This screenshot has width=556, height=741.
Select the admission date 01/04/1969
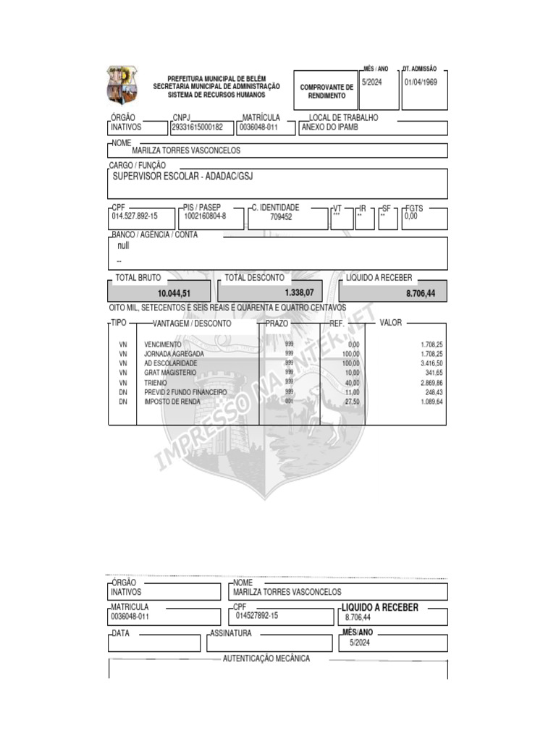[x=421, y=82]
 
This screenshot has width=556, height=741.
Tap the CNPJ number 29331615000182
[x=197, y=127]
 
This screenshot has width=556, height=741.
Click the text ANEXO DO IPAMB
[x=329, y=127]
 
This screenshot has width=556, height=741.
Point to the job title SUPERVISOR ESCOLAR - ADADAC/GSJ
[x=186, y=176]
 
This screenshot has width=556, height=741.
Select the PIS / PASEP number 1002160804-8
[x=205, y=216]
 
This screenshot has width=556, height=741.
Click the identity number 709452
[x=281, y=216]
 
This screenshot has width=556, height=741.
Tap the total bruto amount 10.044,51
[x=174, y=293]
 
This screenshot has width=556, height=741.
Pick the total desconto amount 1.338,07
[x=299, y=292]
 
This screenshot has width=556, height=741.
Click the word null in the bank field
[x=123, y=246]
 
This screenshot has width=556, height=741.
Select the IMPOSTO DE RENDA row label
[x=172, y=401]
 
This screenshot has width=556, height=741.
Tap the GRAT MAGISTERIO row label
[x=170, y=373]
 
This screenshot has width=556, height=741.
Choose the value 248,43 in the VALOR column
[x=433, y=391]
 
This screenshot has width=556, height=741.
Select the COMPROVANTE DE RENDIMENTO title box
[x=326, y=91]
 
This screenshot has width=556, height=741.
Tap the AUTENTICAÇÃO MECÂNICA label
[x=266, y=659]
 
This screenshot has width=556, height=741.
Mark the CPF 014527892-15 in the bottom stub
[x=256, y=615]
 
